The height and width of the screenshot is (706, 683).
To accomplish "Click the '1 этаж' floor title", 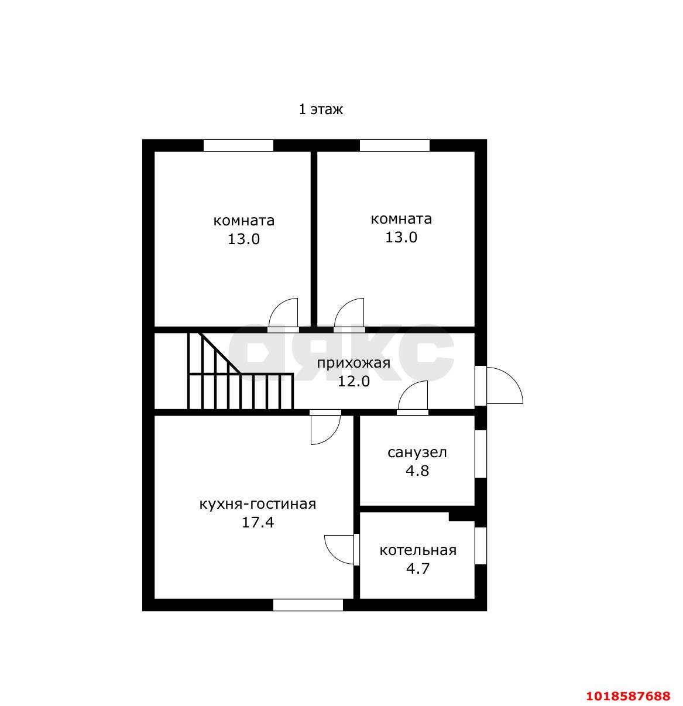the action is click(320, 109).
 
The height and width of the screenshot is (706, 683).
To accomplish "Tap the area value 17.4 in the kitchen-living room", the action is click(258, 523).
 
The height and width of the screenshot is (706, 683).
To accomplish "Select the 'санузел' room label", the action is click(417, 453).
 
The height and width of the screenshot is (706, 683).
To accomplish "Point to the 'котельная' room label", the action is click(418, 550).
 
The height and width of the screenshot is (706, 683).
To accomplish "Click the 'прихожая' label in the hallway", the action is click(353, 363).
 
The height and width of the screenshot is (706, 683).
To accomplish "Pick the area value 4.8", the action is click(417, 471).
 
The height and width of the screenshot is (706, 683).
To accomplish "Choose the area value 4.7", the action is click(418, 568).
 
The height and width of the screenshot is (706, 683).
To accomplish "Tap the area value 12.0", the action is click(353, 381).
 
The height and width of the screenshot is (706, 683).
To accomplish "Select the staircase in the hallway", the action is click(240, 371).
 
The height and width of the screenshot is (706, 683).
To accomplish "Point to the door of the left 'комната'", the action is click(283, 315).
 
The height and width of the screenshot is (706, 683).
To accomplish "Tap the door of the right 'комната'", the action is click(349, 315).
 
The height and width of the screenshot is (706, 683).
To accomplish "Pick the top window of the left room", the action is click(238, 145).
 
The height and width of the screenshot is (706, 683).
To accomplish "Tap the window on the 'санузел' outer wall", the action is click(480, 454).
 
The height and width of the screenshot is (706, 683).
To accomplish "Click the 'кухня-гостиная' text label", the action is click(258, 505).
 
